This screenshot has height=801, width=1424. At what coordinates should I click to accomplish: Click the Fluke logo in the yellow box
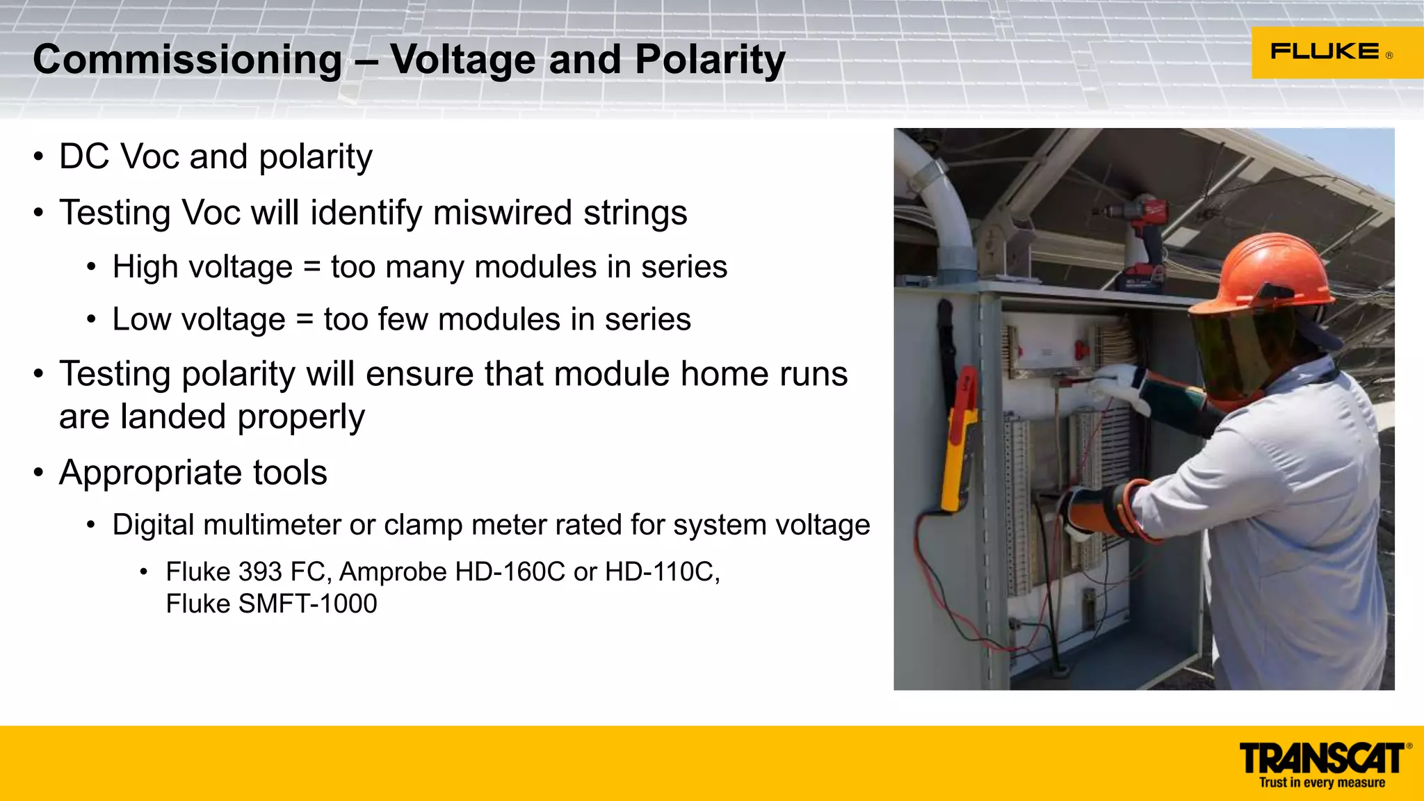click(x=1325, y=52)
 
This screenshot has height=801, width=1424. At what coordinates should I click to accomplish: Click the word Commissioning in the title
click(x=187, y=60)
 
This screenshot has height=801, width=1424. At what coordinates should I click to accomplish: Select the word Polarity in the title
click(x=710, y=60)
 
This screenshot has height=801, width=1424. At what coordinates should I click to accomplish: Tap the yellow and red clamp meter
click(x=960, y=438)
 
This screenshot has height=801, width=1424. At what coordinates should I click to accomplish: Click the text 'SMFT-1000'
click(x=307, y=604)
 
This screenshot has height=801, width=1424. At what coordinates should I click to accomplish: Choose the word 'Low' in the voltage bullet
click(x=141, y=320)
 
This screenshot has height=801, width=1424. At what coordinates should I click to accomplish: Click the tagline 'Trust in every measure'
click(x=1322, y=783)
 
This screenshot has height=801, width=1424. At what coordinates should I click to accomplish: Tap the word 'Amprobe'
click(x=393, y=572)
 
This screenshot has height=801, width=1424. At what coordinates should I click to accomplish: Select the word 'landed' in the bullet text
click(x=173, y=416)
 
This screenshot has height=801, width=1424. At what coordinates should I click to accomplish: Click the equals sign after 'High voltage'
click(x=311, y=268)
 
